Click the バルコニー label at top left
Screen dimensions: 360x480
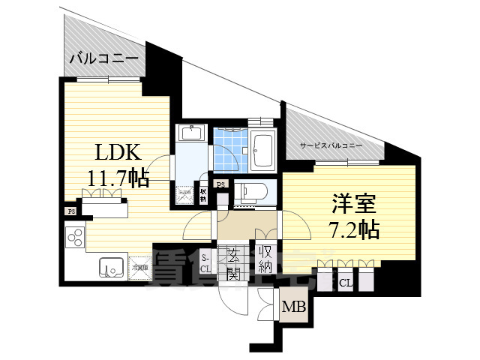(x=104, y=58)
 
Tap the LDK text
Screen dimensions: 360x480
(x=117, y=152)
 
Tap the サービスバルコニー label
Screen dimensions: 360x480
(x=331, y=145)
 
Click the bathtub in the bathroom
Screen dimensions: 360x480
(x=263, y=150)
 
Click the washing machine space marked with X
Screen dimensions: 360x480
(x=184, y=193)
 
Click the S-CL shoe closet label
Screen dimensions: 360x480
(x=207, y=263)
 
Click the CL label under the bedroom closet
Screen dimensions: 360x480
(x=346, y=283)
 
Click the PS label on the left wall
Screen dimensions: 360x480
(x=70, y=211)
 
